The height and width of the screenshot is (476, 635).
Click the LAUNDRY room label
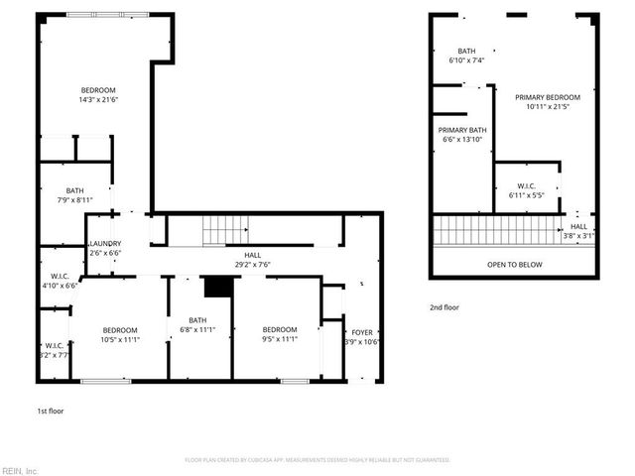[x=105, y=243]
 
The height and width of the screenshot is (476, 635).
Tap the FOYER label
[x=360, y=332]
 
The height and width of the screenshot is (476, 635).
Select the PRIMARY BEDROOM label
[x=548, y=97]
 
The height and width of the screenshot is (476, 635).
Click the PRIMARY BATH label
[x=462, y=130]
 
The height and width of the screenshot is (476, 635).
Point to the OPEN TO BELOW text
[x=514, y=265]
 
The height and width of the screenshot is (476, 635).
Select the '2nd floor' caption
[x=444, y=307]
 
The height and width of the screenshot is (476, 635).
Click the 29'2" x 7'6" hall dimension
[x=252, y=265]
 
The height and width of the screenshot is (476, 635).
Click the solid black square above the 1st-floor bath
[x=215, y=286]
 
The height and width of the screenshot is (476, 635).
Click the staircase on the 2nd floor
[x=497, y=230]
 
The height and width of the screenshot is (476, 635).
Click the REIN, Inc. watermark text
[x=20, y=470]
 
